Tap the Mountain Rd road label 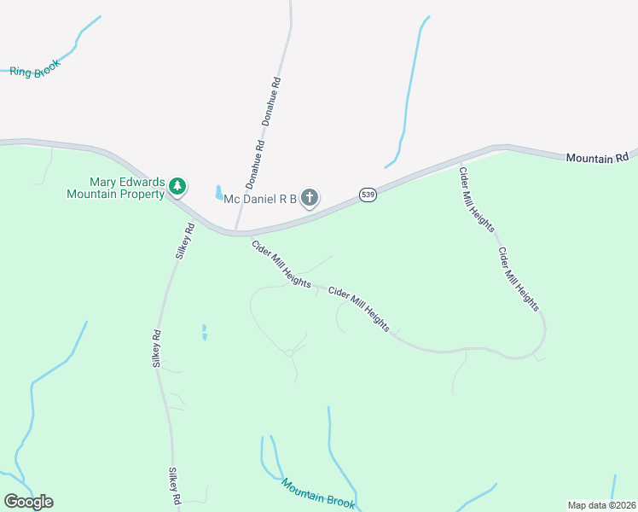click(597, 158)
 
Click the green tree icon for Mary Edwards click(177, 185)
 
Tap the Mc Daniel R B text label click(259, 200)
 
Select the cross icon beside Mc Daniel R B click(310, 199)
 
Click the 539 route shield click(368, 195)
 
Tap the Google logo click(28, 502)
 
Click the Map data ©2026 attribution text click(601, 504)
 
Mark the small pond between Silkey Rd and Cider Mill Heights click(204, 332)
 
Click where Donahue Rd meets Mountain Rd click(236, 231)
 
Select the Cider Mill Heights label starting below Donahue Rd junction click(280, 263)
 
